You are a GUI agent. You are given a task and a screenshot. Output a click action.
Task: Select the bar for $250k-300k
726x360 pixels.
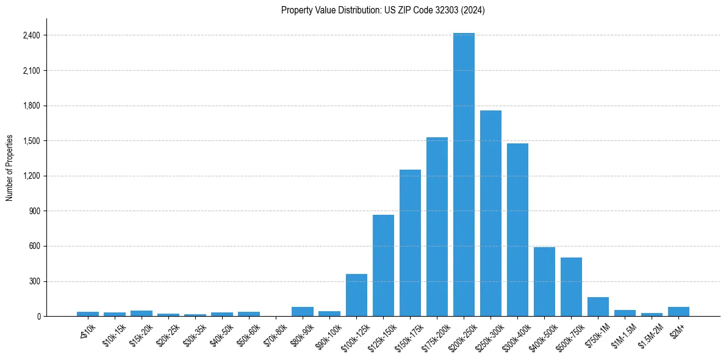coord(491,214)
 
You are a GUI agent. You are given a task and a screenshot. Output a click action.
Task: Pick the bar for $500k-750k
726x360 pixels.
coord(571,287)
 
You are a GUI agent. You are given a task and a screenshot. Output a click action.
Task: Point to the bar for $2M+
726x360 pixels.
coord(678,311)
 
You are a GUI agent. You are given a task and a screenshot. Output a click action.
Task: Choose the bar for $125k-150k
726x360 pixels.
coord(383,265)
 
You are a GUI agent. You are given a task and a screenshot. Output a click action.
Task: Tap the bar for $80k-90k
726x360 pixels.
coord(303,311)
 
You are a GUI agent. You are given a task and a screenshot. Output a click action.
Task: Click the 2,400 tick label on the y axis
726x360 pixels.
coord(31,35)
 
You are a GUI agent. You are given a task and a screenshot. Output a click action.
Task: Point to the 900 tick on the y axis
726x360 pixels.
coord(34,211)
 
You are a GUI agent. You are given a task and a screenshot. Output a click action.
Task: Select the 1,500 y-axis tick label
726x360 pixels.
coord(31,141)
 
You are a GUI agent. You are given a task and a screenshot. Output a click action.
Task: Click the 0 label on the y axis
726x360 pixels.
coord(38,317)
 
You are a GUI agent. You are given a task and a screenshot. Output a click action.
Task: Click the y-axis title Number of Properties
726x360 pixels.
coord(10,168)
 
